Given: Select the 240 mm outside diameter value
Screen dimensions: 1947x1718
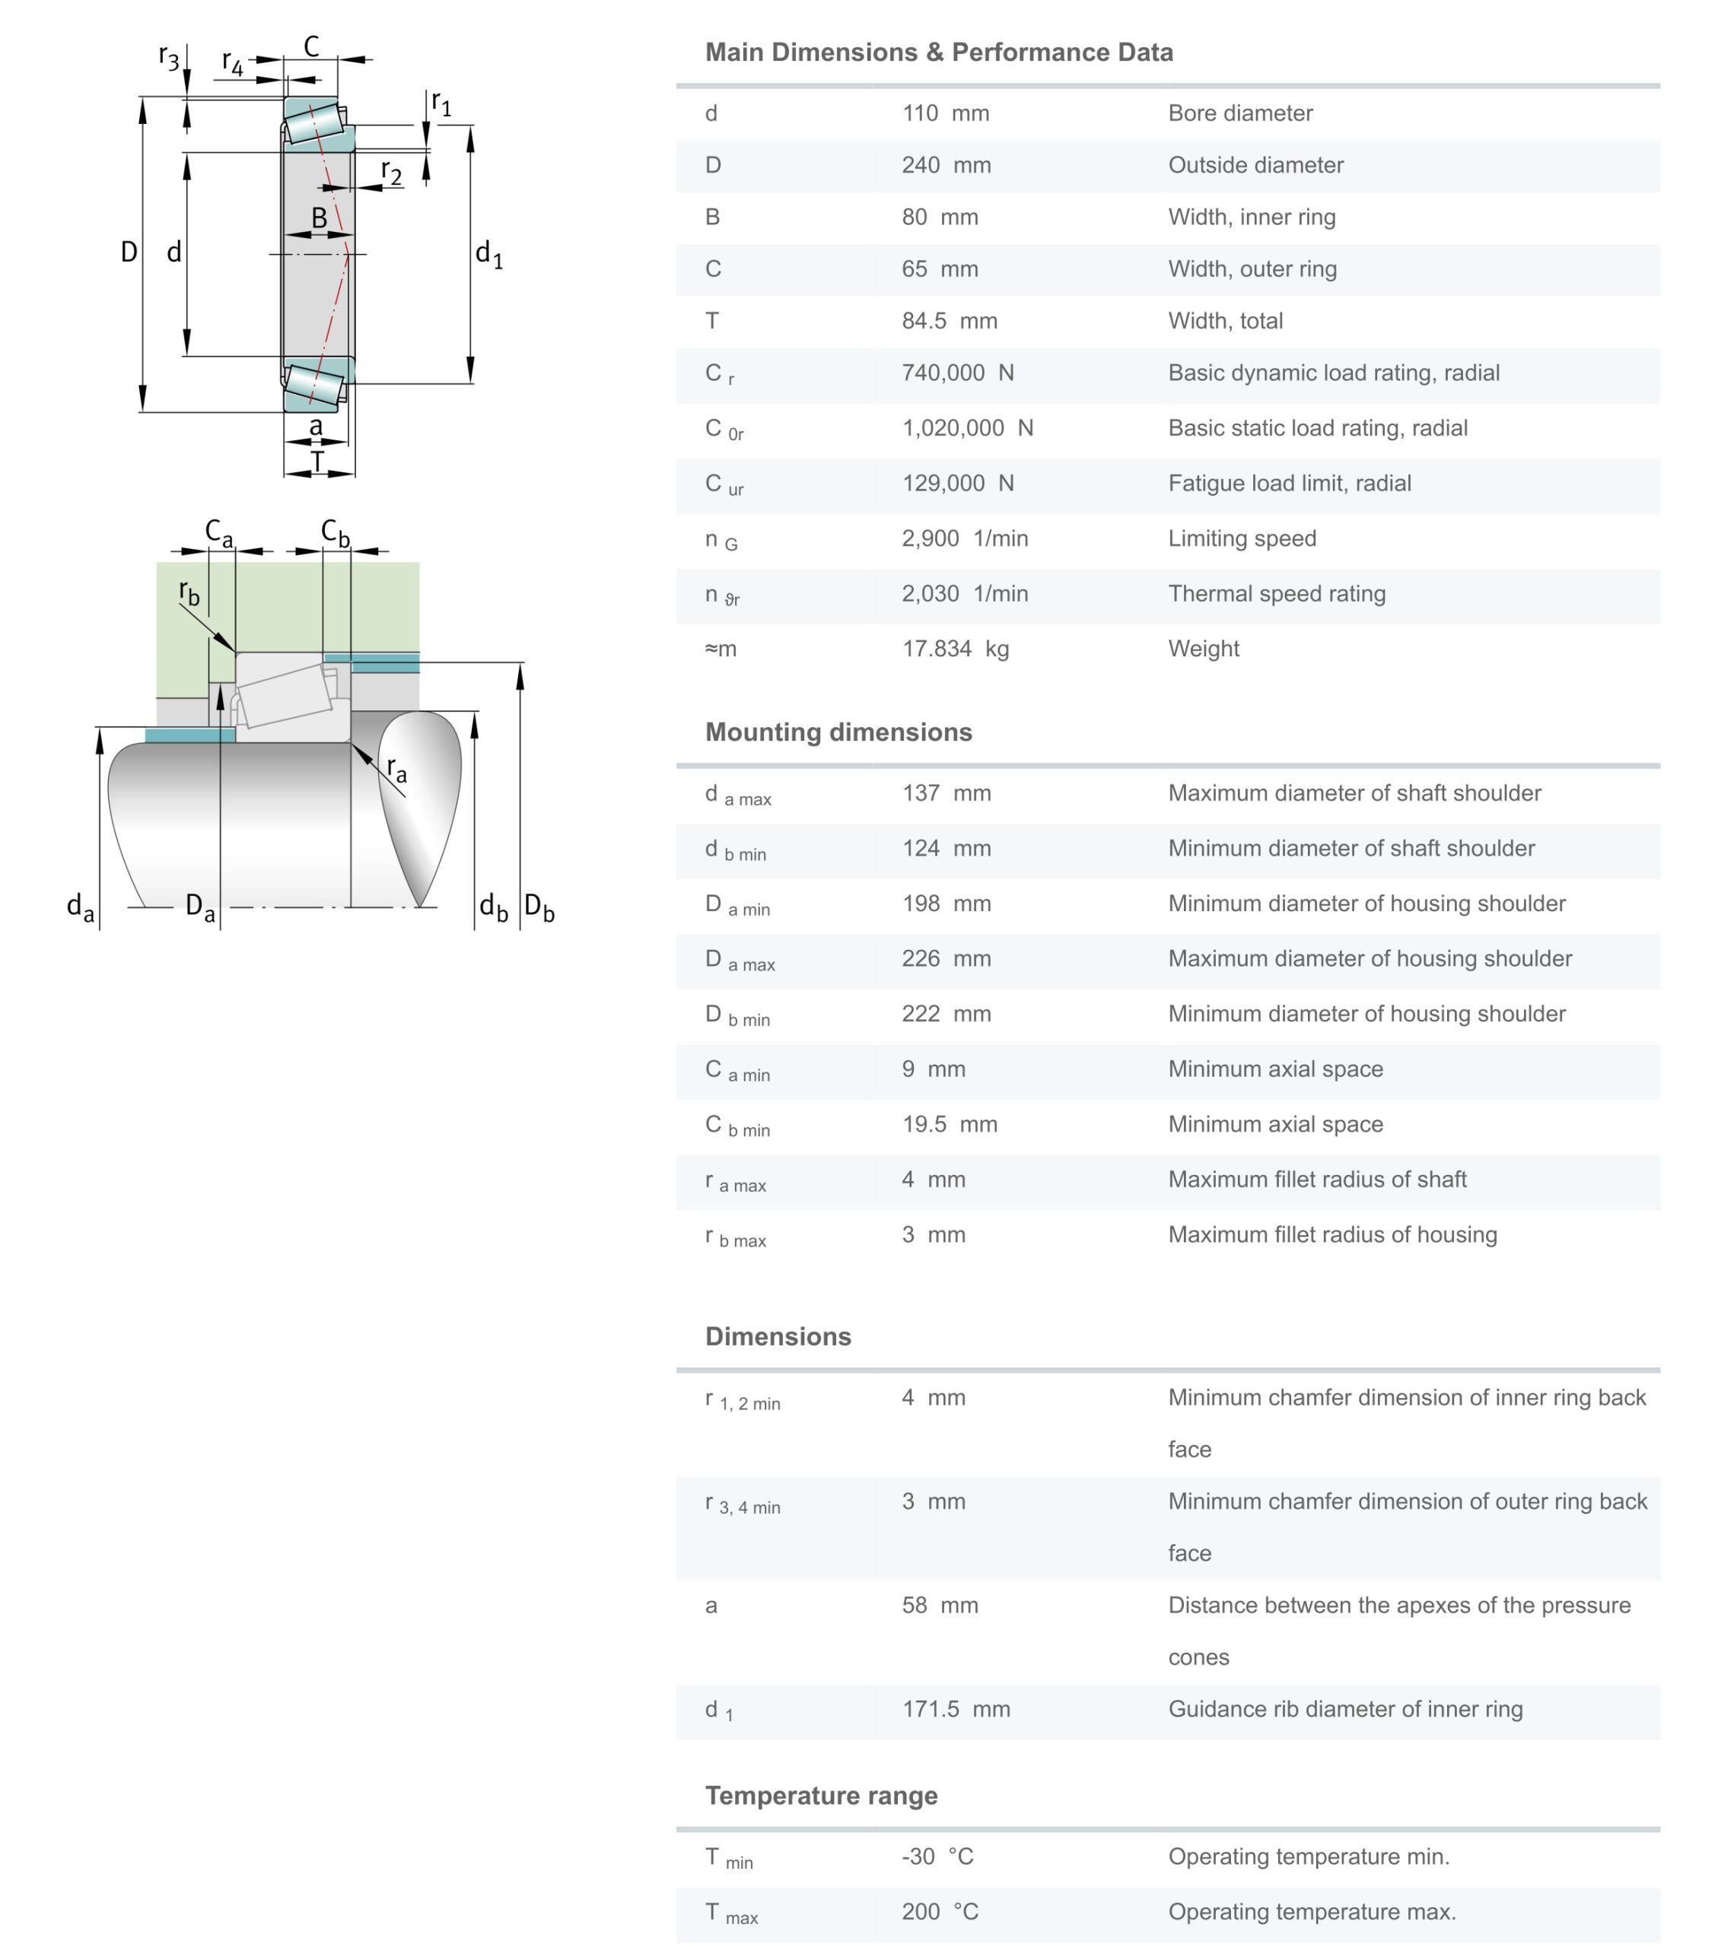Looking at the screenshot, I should point(945,165).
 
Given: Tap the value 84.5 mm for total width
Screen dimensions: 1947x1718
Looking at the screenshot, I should point(949,321).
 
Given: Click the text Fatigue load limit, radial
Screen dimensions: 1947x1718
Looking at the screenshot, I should point(1288,483).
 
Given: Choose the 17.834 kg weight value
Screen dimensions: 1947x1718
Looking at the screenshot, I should point(955,649).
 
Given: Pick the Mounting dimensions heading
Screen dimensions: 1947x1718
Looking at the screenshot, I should point(838,732).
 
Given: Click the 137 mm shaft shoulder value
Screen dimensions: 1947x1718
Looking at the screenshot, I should point(945,792).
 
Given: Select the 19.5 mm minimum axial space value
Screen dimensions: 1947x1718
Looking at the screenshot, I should point(949,1124).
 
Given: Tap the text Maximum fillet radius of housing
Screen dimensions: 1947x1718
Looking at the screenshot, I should point(1332,1234).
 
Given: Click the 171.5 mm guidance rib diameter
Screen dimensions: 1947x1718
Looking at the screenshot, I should point(956,1709).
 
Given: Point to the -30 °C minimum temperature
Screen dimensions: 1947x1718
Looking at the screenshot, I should point(937,1856).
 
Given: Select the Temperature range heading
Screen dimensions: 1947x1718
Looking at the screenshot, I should point(820,1796).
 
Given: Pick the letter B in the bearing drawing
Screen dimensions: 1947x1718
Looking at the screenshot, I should point(320,219).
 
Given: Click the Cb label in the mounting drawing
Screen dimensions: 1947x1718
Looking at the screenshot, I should point(335,532).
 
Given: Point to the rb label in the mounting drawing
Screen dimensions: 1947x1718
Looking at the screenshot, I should point(189,592).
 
